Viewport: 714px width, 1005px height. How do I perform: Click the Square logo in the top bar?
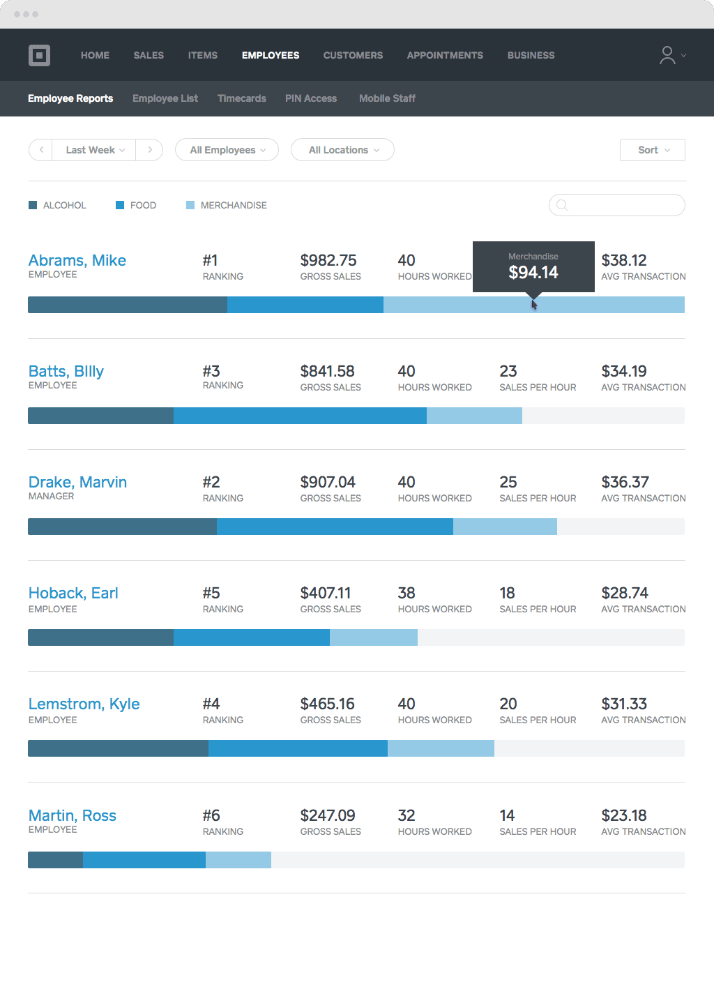tap(39, 55)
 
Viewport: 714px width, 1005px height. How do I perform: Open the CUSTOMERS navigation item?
tap(353, 55)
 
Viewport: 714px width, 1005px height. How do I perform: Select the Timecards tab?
tap(241, 98)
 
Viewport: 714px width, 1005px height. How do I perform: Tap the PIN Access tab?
tap(310, 98)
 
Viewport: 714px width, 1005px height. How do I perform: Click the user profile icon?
tap(668, 55)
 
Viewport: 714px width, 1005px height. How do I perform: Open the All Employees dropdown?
tap(227, 150)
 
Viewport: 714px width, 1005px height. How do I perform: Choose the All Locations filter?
tap(342, 150)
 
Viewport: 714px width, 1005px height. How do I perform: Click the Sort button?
tap(652, 150)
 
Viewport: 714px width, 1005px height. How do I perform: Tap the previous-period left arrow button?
tap(41, 150)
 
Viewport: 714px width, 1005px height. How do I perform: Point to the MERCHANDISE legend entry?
tap(233, 205)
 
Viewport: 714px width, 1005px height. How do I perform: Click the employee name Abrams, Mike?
tap(77, 260)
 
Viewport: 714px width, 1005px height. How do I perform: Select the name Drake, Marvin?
tap(77, 482)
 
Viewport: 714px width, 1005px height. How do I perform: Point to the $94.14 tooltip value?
tap(533, 272)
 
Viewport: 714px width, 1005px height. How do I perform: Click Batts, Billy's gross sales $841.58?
tap(327, 371)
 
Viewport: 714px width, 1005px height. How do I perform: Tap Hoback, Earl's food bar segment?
tap(251, 637)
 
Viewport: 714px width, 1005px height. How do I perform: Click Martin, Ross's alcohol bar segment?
tap(55, 860)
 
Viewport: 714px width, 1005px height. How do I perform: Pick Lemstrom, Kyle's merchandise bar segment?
tap(441, 748)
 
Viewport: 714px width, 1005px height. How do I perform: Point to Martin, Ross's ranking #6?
tap(211, 815)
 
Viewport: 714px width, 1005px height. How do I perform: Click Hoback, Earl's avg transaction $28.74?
tap(625, 593)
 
